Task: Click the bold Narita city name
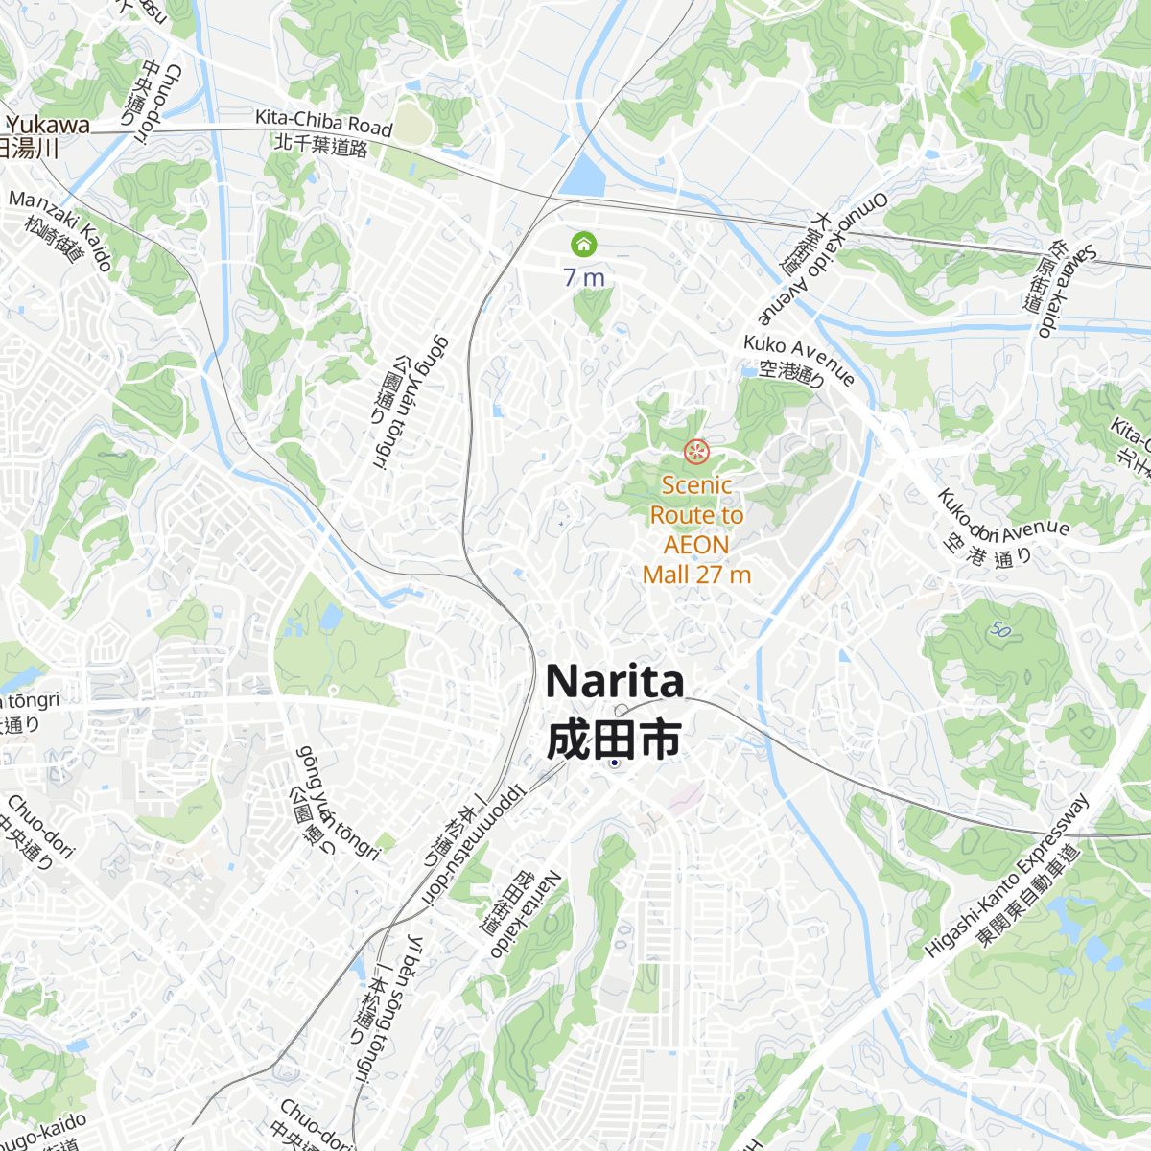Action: [x=614, y=682]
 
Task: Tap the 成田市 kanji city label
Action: [x=614, y=739]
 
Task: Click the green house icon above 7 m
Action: [x=583, y=245]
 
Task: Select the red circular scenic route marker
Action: [x=696, y=451]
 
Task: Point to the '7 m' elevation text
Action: [x=584, y=278]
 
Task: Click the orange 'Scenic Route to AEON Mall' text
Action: [x=696, y=529]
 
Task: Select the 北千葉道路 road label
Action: [x=321, y=146]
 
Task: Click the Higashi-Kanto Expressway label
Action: [x=1007, y=876]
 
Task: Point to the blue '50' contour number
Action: [x=1001, y=630]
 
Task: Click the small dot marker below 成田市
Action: [x=614, y=763]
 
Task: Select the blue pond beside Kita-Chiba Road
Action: [x=583, y=176]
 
